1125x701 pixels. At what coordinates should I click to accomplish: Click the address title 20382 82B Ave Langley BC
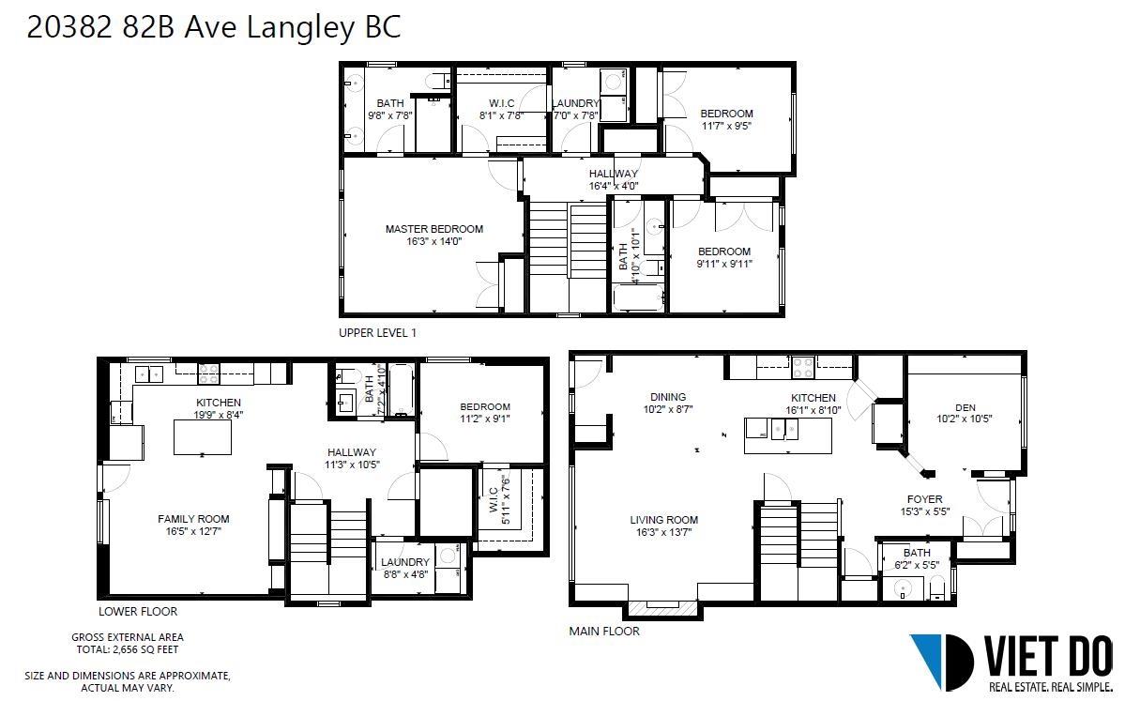[213, 27]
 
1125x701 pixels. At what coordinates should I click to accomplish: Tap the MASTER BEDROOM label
[434, 229]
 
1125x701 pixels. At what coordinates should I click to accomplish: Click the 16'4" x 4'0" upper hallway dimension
[614, 186]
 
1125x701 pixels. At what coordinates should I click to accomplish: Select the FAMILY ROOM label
[193, 519]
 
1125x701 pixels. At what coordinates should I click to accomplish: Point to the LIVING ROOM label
[663, 520]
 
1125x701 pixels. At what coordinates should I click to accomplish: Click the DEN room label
[965, 407]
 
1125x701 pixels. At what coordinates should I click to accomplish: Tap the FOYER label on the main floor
[925, 499]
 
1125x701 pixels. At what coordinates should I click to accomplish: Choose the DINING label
[668, 397]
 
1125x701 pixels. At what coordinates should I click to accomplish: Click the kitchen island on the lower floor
[203, 437]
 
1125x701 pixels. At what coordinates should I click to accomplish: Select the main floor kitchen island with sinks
[788, 434]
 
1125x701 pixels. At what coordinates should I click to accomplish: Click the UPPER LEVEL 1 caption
[377, 333]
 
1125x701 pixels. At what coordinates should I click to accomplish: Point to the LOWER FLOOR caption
[138, 611]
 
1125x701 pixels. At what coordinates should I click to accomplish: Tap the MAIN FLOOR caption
[604, 632]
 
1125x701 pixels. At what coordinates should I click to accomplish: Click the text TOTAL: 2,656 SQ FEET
[128, 650]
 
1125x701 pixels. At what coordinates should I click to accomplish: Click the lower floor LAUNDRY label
[405, 562]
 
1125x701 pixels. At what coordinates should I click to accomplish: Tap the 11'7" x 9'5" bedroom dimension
[727, 126]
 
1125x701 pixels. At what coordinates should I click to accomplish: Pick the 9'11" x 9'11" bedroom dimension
[724, 264]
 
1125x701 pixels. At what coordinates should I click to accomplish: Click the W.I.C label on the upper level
[502, 103]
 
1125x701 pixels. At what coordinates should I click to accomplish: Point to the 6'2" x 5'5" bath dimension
[917, 565]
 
